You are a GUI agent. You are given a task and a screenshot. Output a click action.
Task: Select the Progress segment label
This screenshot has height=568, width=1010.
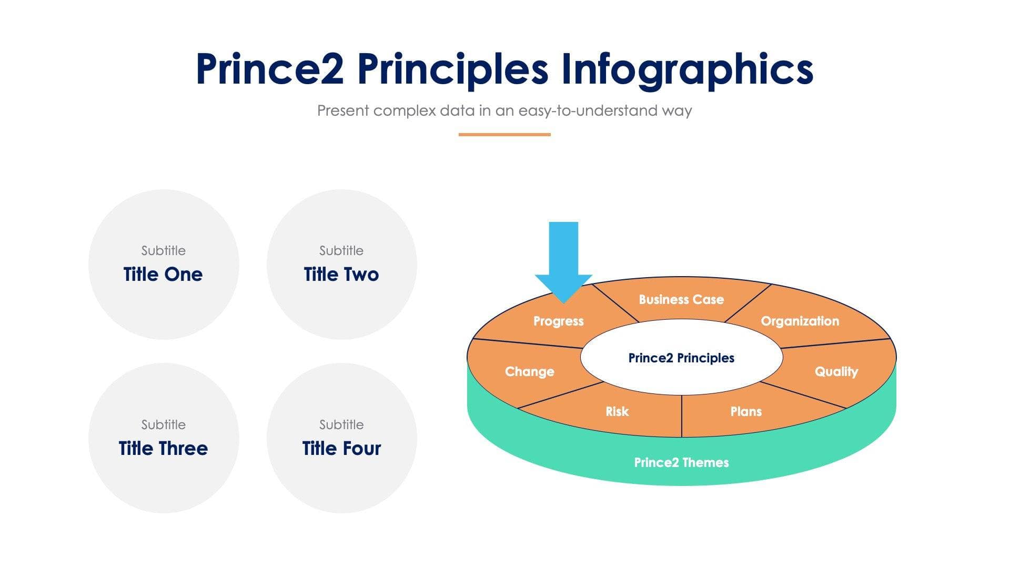coord(558,321)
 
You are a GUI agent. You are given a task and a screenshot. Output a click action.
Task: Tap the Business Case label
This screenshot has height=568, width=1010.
coord(681,299)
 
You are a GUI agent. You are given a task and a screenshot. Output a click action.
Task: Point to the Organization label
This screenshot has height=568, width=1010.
coord(800,321)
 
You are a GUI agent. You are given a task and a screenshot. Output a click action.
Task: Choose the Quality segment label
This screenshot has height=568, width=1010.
coord(836,371)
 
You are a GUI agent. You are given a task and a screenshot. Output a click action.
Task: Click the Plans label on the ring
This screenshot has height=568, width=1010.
coord(745,411)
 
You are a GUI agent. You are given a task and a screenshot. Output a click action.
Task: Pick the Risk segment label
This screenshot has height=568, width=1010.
coord(617,411)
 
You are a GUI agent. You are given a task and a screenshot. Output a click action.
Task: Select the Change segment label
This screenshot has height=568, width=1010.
coord(529,371)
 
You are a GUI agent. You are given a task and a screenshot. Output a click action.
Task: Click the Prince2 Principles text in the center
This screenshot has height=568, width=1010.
coord(681,358)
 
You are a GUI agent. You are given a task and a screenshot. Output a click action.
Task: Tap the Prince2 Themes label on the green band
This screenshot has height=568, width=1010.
coord(681,462)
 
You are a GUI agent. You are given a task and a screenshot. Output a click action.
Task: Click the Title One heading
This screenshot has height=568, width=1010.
coord(163,274)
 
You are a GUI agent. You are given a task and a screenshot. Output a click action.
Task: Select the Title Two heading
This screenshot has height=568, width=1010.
coord(341,274)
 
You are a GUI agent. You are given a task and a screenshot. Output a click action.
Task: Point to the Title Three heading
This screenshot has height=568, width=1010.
coord(163,448)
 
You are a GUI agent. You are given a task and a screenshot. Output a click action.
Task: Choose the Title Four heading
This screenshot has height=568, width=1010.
coord(341,448)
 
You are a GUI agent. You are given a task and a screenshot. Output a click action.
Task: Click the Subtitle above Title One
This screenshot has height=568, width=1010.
coord(163,250)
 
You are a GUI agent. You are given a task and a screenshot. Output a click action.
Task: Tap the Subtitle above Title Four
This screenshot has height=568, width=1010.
coord(341,424)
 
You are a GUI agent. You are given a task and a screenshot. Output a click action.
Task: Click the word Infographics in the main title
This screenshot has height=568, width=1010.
coord(687,69)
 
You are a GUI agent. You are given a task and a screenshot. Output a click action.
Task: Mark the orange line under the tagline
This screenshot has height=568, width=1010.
coord(504,135)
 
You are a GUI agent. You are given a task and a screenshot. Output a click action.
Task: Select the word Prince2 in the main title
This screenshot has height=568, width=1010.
coord(269,69)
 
